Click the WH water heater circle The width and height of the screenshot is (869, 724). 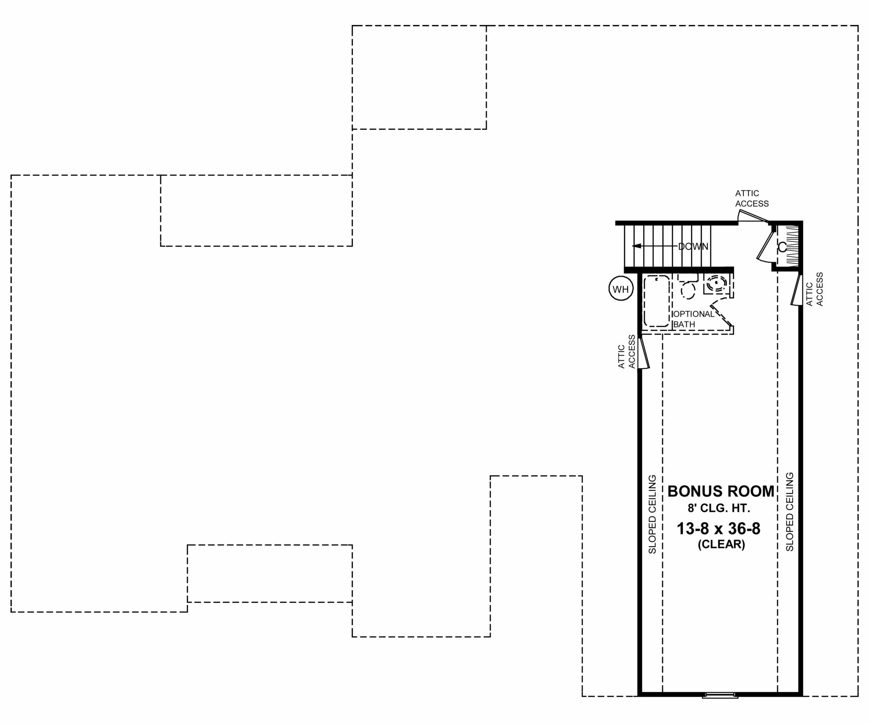621,290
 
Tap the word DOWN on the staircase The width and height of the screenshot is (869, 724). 693,246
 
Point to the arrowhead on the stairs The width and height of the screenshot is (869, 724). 636,246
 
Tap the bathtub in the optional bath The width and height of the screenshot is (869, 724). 656,301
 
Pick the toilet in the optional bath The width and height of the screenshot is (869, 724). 688,286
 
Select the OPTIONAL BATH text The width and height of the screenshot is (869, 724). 693,319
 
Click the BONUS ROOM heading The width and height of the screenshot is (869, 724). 721,492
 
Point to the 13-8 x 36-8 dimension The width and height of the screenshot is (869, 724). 718,529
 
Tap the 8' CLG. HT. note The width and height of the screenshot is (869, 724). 721,508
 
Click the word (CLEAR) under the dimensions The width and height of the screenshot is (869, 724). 721,544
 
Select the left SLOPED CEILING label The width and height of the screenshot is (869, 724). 652,514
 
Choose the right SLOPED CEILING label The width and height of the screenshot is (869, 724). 790,512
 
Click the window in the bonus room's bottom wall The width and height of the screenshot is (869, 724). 720,695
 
